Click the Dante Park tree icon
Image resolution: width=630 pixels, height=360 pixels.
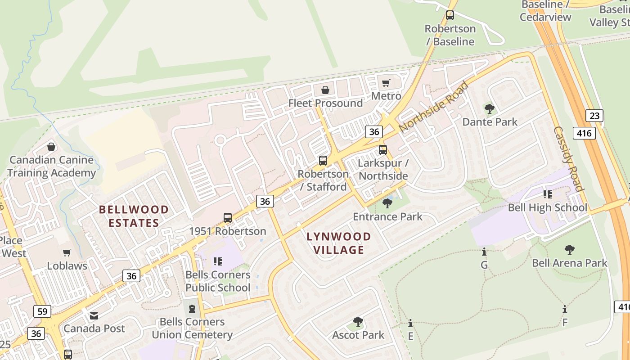pyautogui.click(x=490, y=109)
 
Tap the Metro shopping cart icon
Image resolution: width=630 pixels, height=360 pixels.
pyautogui.click(x=386, y=83)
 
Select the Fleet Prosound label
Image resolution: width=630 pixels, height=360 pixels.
pyautogui.click(x=325, y=103)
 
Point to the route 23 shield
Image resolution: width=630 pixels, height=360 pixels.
pyautogui.click(x=594, y=116)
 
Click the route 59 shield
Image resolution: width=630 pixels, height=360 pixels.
pyautogui.click(x=42, y=311)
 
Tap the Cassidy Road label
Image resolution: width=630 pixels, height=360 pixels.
pyautogui.click(x=568, y=158)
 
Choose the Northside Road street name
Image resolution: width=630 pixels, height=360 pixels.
pyautogui.click(x=433, y=107)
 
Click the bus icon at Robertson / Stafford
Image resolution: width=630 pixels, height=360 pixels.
pyautogui.click(x=323, y=160)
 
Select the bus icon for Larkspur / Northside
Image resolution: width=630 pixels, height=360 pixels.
pyautogui.click(x=382, y=149)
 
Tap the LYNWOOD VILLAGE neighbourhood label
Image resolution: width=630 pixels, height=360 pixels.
pyautogui.click(x=339, y=243)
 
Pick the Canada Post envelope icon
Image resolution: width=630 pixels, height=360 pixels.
pyautogui.click(x=94, y=315)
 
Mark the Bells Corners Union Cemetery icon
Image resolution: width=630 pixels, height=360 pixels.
pyautogui.click(x=192, y=309)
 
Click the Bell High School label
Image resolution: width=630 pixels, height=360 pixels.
pyautogui.click(x=547, y=207)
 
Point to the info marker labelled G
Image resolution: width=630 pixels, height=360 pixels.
pyautogui.click(x=484, y=252)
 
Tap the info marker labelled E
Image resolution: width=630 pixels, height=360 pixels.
pyautogui.click(x=410, y=323)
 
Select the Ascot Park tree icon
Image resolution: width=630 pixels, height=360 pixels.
pyautogui.click(x=358, y=322)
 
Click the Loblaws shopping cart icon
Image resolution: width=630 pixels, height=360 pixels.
pyautogui.click(x=67, y=253)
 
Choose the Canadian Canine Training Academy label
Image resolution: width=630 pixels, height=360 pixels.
pyautogui.click(x=51, y=166)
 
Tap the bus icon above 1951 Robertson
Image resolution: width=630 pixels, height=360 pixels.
pyautogui.click(x=228, y=218)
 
